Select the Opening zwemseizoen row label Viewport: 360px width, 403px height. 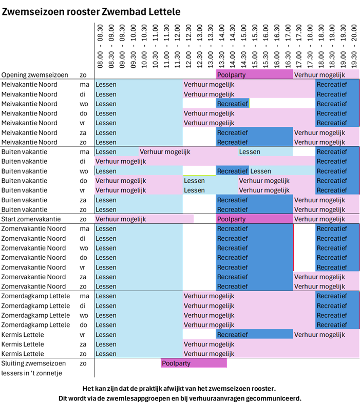tap(35, 75)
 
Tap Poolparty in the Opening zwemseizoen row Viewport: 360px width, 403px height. tap(232, 75)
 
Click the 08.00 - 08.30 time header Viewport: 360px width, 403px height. tap(100, 44)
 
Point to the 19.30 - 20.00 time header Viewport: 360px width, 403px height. tap(354, 44)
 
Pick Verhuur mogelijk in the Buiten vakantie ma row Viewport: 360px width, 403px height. tap(165, 152)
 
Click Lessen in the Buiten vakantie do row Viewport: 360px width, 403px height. tap(194, 181)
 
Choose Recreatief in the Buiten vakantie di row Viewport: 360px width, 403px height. tap(332, 162)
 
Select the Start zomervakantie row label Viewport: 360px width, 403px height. tap(30, 219)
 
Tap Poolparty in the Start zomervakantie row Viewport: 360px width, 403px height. tap(232, 219)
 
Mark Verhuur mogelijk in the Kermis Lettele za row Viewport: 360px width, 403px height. tap(209, 344)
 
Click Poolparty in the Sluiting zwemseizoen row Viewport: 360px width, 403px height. tap(176, 363)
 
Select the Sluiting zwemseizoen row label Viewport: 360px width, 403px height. tap(33, 363)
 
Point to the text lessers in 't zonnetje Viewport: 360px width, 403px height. tap(32, 373)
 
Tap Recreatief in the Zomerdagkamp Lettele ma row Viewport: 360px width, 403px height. tap(332, 296)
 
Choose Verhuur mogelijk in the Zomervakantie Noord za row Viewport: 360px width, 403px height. tap(319, 277)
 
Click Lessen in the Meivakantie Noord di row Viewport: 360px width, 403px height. tap(106, 94)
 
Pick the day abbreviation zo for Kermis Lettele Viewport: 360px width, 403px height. tap(83, 354)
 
